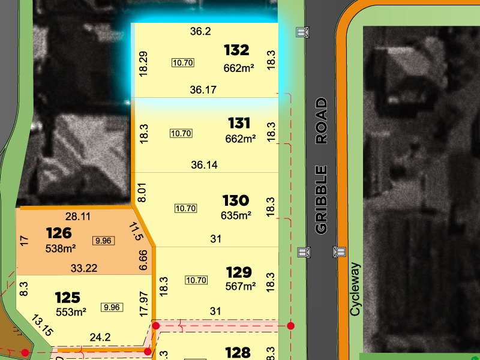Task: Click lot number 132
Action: (236, 50)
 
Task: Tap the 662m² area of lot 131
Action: (239, 139)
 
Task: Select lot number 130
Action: (235, 200)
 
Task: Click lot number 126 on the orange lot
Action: (58, 233)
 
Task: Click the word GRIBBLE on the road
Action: (322, 200)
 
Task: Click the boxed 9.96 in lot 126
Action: (103, 241)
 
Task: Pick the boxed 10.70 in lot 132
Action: (182, 62)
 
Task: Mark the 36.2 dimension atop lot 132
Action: (200, 31)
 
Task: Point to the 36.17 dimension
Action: (203, 90)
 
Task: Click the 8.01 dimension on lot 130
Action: (143, 192)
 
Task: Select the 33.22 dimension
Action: (84, 268)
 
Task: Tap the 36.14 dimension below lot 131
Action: (204, 165)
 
